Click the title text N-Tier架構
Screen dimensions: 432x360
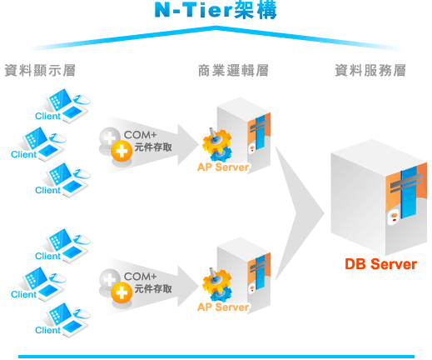[x=216, y=10]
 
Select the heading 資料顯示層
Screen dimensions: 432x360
[x=40, y=70]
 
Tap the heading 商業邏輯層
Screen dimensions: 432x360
[x=233, y=70]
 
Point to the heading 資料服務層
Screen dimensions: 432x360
[x=370, y=70]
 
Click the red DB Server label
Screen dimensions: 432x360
[x=380, y=264]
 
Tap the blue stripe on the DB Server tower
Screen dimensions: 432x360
[x=410, y=192]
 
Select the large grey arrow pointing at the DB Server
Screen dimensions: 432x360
[x=299, y=213]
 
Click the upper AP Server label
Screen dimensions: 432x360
[x=223, y=167]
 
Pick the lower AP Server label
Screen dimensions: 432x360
[x=223, y=307]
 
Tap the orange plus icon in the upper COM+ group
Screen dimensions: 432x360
[x=122, y=151]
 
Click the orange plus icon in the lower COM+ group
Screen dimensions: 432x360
[x=122, y=292]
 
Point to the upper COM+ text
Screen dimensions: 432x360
[x=140, y=135]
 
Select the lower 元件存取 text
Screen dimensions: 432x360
[x=153, y=289]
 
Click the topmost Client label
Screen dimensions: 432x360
[x=47, y=116]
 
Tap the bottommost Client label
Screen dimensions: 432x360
[x=47, y=330]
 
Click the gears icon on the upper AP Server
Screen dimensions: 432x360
[x=217, y=145]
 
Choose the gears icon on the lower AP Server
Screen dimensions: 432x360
[x=217, y=285]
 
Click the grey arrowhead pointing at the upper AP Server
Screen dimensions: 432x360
[x=188, y=145]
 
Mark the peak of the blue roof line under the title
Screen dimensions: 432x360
[x=216, y=27]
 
